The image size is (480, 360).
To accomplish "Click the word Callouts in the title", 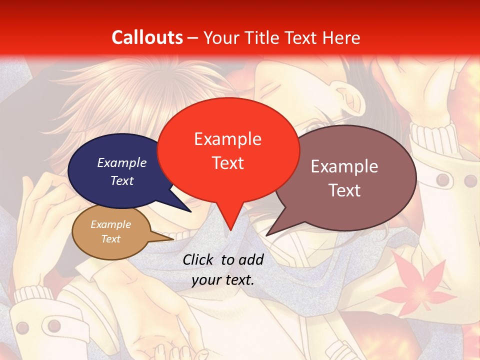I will point(147,37).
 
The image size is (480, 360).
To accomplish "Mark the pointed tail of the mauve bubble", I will point(267,235).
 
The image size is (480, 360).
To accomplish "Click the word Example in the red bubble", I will point(227,139).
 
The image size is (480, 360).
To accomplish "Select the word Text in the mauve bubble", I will point(344,190).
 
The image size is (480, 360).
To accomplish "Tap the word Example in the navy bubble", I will point(122,163).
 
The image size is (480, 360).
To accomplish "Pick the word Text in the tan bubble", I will point(111,239).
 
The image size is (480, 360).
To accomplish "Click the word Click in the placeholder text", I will point(198,259).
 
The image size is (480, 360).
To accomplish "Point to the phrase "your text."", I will point(223,280).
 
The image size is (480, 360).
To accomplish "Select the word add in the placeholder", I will point(250,259).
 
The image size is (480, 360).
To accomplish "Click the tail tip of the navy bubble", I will point(190,211).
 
